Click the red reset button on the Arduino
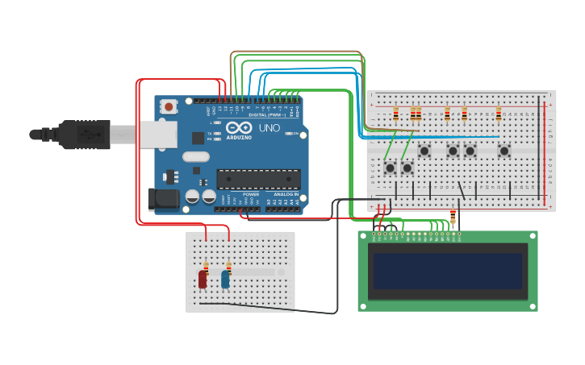[169, 106]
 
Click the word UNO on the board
[270, 128]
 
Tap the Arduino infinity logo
[239, 128]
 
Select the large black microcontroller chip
[258, 179]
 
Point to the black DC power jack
[164, 199]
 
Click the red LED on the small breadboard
[203, 280]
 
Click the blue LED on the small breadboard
[225, 280]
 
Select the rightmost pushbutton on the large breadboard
[504, 151]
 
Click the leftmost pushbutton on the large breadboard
[391, 168]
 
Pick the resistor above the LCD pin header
[453, 218]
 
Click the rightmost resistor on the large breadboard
[499, 114]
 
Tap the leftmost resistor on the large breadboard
[395, 114]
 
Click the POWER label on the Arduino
[251, 194]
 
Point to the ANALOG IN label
[286, 194]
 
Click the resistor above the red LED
[206, 267]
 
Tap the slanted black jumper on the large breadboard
[462, 190]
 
